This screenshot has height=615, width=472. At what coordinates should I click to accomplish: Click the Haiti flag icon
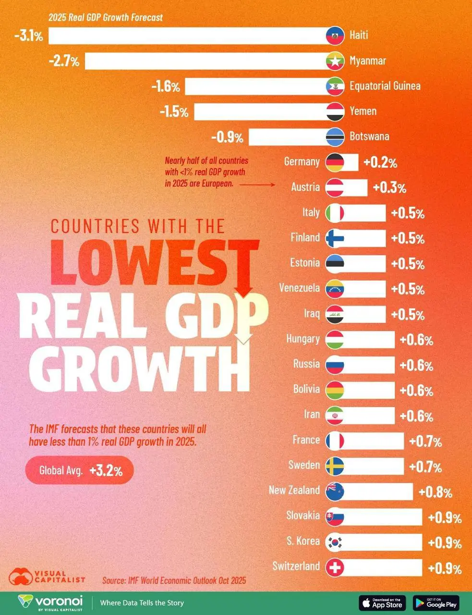pos(334,36)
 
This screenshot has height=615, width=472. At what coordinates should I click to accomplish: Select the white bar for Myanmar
pos(206,61)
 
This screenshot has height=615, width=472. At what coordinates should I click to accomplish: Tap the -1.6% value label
pos(166,86)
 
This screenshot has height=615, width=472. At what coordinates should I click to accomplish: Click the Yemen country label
pos(363,111)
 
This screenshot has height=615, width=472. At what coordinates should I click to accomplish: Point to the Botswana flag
pos(334,136)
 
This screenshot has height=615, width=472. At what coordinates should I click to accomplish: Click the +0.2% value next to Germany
pos(380,162)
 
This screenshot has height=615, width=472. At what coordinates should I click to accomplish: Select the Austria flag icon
pos(334,187)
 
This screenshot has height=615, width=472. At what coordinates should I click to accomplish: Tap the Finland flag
pos(334,238)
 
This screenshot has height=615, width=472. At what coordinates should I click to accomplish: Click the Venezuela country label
pos(299,288)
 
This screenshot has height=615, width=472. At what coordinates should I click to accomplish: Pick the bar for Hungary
pos(367,340)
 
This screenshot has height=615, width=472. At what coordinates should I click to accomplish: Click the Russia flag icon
pos(334,365)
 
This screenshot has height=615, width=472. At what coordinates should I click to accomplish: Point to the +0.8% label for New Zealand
pos(435,492)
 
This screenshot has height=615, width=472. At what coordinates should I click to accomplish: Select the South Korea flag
pos(334,542)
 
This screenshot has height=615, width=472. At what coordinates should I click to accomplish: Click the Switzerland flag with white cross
pos(334,567)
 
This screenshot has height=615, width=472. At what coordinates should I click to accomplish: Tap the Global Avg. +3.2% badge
pos(79,470)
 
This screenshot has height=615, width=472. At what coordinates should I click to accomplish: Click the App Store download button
pos(382,603)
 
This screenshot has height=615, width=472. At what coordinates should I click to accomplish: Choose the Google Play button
pos(436,603)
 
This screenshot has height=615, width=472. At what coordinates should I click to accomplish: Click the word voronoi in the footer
pos(60,601)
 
